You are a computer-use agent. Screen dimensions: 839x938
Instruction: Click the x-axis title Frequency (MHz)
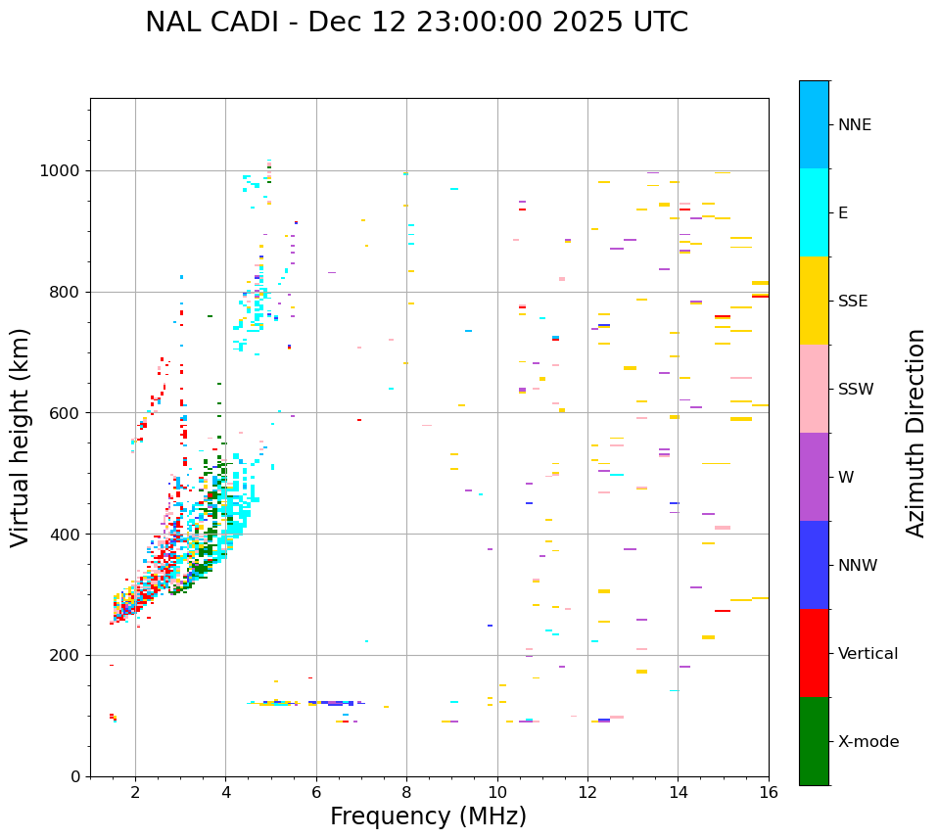[428, 816]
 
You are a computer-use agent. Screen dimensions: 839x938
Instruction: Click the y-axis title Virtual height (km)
[21, 438]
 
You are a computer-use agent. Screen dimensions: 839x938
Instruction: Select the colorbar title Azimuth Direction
[915, 433]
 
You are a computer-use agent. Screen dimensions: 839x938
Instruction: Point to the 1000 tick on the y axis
[64, 170]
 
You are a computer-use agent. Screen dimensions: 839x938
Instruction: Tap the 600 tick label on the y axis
[64, 413]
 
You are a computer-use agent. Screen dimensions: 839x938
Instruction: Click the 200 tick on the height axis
[64, 655]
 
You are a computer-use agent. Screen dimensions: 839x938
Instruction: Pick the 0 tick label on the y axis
[75, 776]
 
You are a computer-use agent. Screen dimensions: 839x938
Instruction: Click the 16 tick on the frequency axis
[769, 792]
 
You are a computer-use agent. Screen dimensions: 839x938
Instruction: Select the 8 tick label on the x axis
[406, 792]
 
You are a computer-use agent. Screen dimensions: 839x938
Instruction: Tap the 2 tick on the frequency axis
[135, 792]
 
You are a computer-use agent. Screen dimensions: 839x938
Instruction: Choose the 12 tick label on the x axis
[587, 792]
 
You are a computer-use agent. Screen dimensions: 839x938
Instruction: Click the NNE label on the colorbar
[855, 125]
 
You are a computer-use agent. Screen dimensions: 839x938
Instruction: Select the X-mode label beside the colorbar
[868, 742]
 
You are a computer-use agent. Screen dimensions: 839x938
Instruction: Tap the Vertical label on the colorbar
[868, 654]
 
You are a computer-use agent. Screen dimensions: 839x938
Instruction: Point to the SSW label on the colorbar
[856, 390]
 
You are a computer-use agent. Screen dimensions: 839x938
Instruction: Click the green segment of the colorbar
[814, 741]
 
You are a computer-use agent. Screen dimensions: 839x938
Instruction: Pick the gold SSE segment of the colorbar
[814, 301]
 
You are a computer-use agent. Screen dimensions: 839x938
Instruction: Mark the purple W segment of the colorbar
[814, 477]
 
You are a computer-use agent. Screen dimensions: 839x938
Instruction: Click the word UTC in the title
[658, 23]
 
